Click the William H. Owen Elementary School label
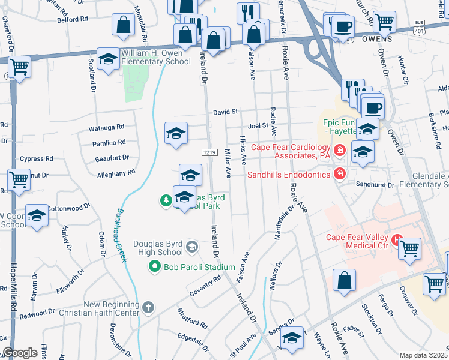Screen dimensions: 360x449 157,57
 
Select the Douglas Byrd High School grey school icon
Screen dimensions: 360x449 191,246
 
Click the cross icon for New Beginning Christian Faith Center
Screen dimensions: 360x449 149,307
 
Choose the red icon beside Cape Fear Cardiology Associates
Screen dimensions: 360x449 340,149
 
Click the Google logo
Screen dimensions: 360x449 20,353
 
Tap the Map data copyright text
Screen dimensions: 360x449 423,355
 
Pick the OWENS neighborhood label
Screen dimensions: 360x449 377,39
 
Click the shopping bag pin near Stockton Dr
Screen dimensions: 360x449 344,281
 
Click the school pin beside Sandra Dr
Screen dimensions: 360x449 292,340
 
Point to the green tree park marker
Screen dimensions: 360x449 166,200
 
